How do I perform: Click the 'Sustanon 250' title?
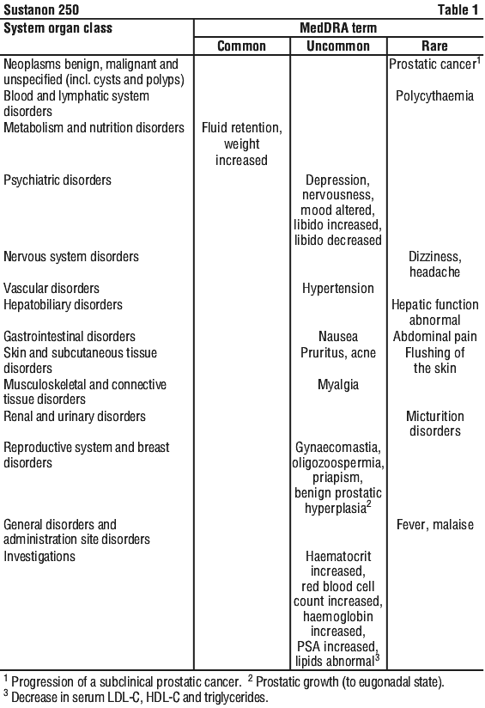point(41,9)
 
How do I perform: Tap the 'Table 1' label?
point(458,9)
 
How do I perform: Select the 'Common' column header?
point(241,46)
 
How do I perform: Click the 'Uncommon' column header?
point(338,46)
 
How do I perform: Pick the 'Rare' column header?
point(434,46)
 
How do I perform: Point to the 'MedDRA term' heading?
point(338,28)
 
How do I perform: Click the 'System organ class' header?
point(58,28)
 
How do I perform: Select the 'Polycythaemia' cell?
point(434,96)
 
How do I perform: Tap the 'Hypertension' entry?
point(338,289)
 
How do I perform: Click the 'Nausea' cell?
point(338,337)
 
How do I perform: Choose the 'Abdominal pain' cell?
point(434,337)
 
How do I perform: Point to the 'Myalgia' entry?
point(338,385)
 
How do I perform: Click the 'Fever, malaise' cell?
point(434,525)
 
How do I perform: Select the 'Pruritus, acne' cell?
point(338,352)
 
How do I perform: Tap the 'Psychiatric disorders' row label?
point(58,180)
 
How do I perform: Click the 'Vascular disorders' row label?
point(51,289)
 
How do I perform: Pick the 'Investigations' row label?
point(39,557)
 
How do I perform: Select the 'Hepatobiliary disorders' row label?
point(63,305)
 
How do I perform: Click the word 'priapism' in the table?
point(338,479)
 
